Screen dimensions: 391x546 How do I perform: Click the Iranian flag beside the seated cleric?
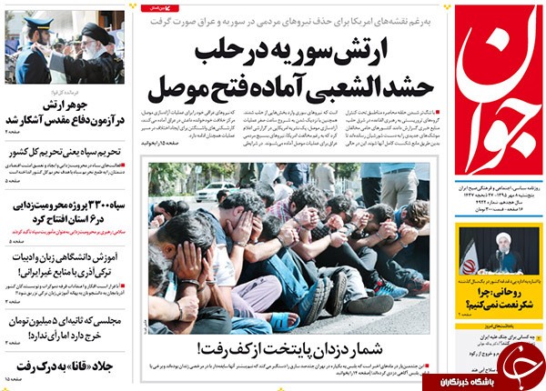pyautogui.click(x=470, y=256)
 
